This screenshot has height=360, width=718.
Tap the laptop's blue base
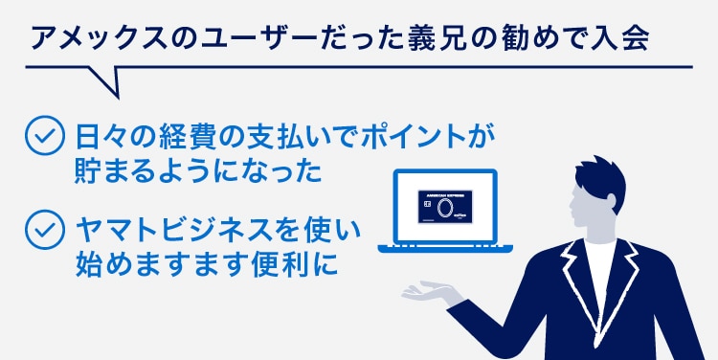tap(447, 247)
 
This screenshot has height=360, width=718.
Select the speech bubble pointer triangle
tap(105, 80)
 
